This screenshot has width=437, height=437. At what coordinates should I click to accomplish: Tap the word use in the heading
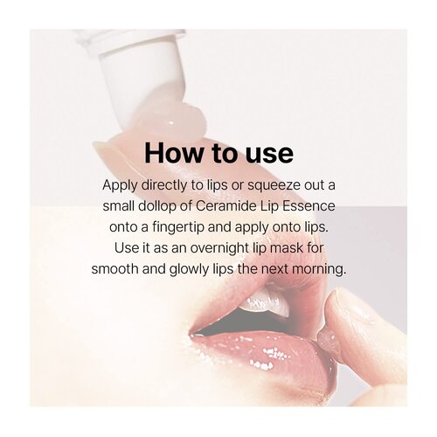[x=267, y=153]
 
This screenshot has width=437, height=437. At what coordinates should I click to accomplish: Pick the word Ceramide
[x=241, y=206]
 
